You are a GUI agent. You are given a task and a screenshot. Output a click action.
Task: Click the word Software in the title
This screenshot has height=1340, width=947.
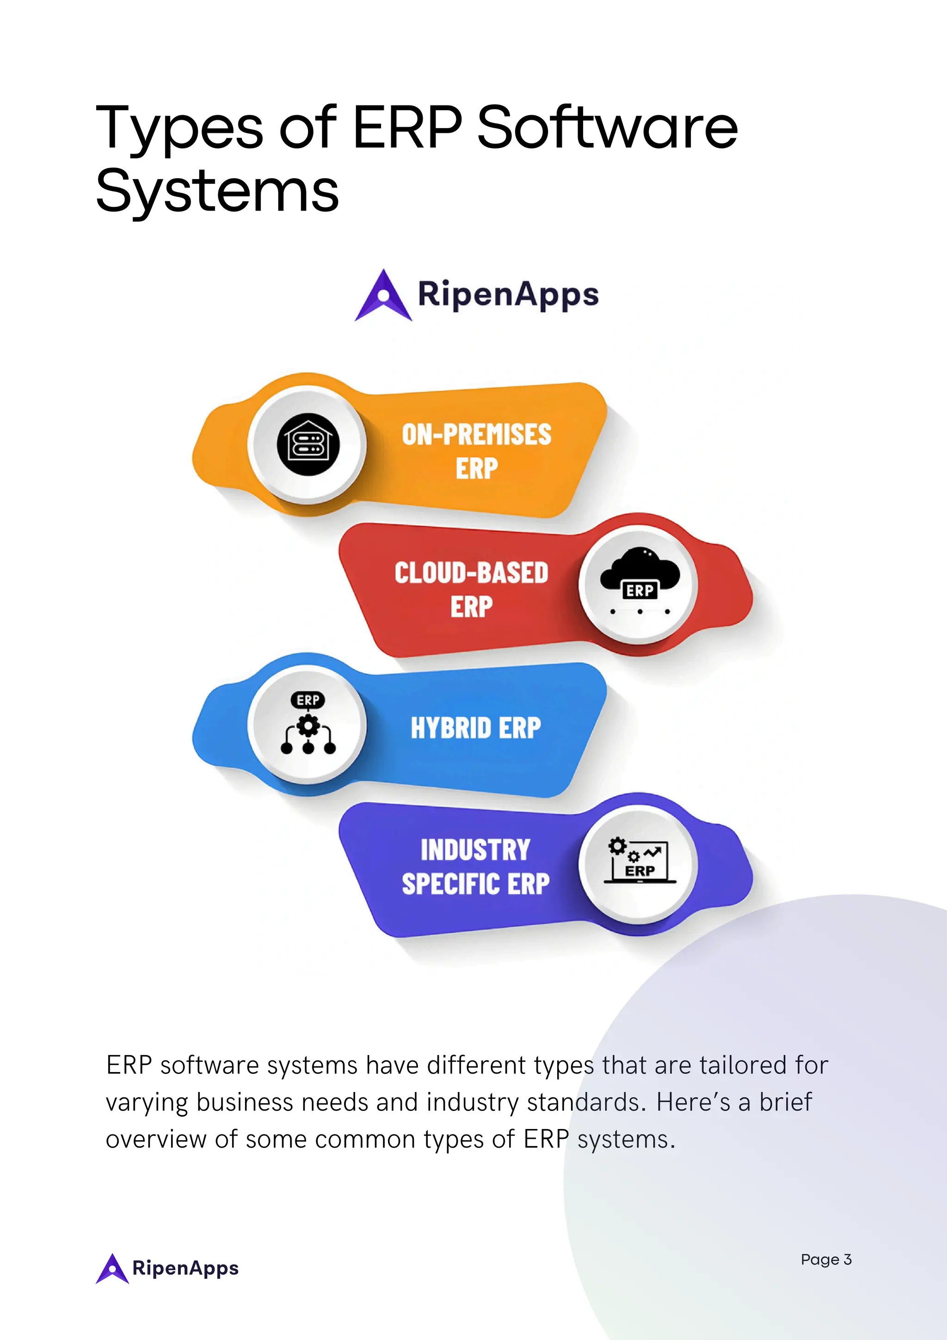point(607,127)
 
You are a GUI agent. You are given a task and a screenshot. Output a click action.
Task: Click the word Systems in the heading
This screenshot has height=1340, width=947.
point(217,191)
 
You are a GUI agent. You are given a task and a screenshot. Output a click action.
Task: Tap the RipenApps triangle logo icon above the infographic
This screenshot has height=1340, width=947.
point(383,295)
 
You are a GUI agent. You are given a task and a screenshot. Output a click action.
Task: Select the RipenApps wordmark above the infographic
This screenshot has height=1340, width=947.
point(508,295)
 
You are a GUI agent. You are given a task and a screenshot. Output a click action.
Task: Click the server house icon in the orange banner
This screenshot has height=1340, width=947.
point(307,445)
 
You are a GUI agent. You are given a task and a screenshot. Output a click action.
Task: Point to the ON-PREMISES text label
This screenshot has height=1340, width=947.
point(476,435)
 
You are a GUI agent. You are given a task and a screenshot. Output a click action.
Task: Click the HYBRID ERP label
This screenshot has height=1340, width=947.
point(476,728)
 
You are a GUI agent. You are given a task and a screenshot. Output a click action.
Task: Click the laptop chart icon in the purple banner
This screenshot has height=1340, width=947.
point(640,862)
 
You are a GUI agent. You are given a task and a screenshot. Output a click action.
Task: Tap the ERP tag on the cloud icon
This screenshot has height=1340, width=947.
point(640,590)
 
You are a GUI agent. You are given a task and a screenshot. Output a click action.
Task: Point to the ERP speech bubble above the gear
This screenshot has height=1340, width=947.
point(308,700)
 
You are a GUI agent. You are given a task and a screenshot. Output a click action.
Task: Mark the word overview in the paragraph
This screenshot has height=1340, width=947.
point(156,1139)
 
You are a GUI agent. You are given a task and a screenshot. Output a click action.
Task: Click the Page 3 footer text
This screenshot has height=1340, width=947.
point(826,1259)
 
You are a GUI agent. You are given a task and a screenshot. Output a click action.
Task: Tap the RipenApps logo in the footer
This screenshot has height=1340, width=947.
point(167,1268)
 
